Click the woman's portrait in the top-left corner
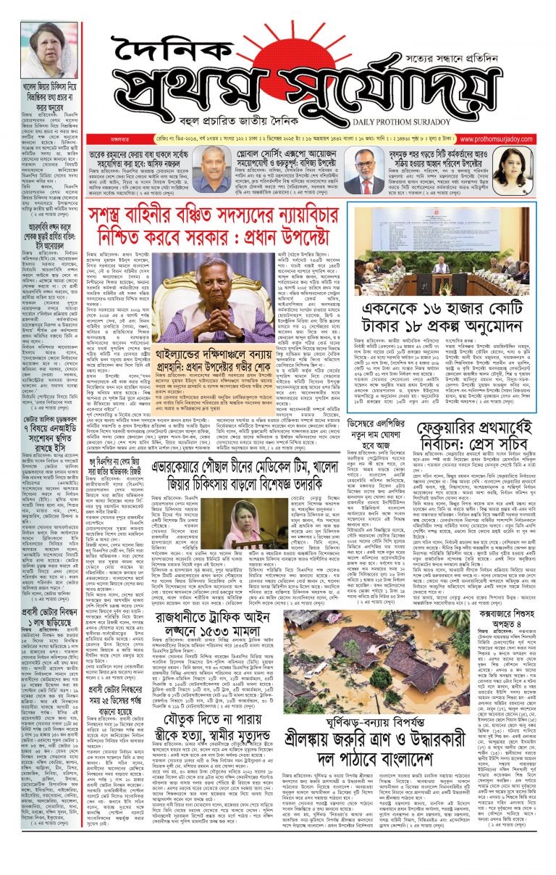coord(50,50)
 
